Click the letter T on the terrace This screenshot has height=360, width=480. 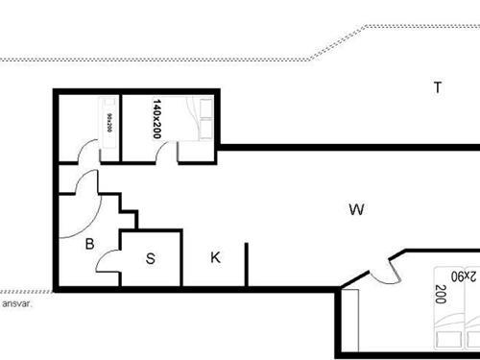click(x=438, y=88)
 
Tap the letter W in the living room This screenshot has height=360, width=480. click(x=356, y=209)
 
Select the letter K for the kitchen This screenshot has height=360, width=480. click(x=216, y=256)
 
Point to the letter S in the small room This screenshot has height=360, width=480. click(x=151, y=257)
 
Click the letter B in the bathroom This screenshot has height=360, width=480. click(x=89, y=244)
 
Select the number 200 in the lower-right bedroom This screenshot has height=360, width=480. click(x=441, y=295)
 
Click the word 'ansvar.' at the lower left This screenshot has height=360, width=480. click(x=17, y=303)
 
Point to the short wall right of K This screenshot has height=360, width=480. click(x=247, y=265)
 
